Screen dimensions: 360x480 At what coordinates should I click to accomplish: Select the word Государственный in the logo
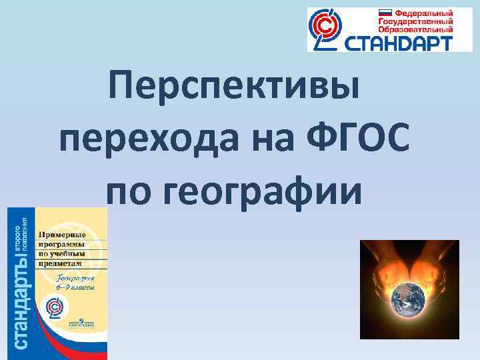(415, 21)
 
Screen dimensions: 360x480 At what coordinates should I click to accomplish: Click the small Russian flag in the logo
(385, 13)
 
